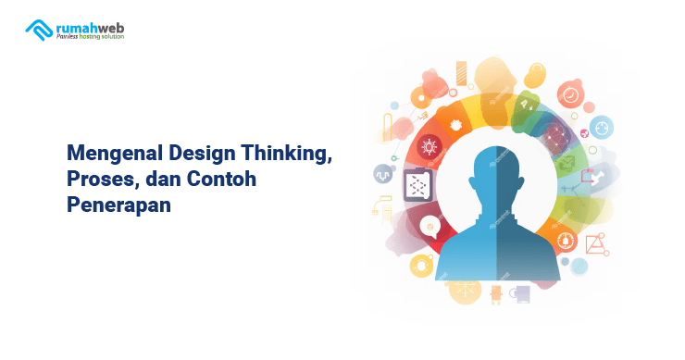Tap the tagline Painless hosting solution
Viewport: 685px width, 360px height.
(90, 37)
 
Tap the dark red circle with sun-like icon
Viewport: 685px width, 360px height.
(429, 146)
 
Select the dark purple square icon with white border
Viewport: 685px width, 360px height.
(417, 186)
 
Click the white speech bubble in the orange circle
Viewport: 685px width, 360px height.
(428, 224)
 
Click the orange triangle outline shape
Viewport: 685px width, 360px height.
(593, 243)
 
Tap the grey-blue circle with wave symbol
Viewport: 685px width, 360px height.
(383, 174)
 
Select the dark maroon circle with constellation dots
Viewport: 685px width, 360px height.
(555, 140)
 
